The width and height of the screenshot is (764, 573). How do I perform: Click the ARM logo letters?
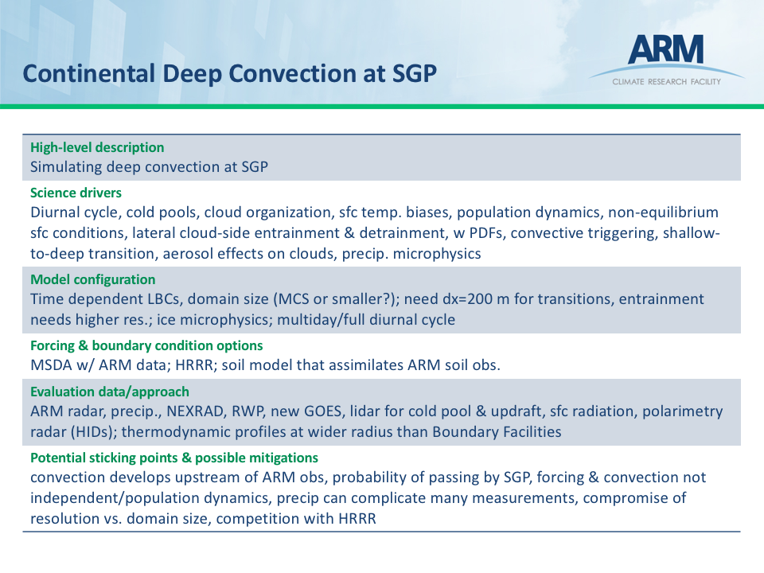point(665,49)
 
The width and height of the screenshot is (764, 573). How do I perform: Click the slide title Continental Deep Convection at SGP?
point(229,73)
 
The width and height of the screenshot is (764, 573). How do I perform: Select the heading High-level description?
point(97,147)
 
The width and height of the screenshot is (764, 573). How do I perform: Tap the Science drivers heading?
point(76,193)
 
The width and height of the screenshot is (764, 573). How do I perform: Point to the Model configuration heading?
point(92,279)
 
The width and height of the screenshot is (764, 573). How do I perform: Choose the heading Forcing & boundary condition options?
point(146,345)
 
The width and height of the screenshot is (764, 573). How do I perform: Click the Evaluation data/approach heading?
point(110,392)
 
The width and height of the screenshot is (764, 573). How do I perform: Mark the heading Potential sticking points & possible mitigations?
point(174,458)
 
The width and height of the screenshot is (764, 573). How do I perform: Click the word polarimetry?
point(683,411)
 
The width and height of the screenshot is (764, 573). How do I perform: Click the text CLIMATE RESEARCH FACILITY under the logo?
point(667,82)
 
